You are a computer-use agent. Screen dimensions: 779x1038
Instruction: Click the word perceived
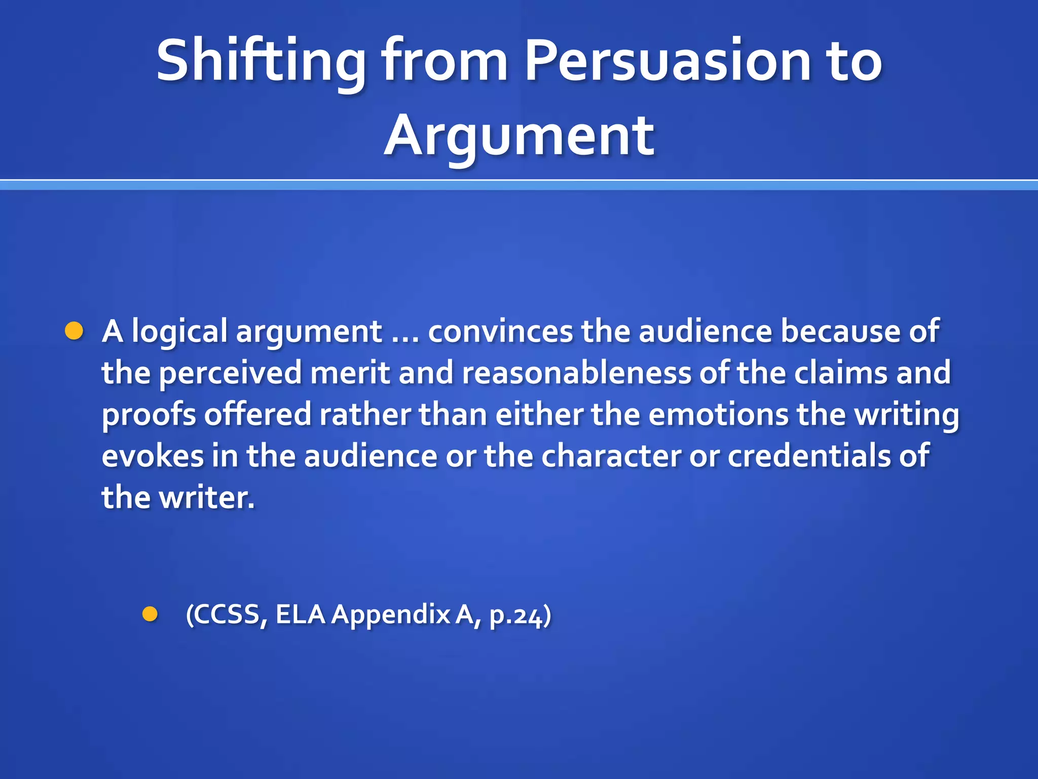(x=231, y=373)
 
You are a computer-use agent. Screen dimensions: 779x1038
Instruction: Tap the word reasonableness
(x=576, y=373)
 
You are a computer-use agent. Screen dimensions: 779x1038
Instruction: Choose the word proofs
(x=149, y=415)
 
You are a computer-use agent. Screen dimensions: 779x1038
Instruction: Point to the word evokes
(x=153, y=455)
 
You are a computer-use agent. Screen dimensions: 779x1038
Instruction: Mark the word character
(x=611, y=455)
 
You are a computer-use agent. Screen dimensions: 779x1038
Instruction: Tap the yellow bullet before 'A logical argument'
(x=74, y=331)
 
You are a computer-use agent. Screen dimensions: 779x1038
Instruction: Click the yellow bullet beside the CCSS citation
(x=150, y=614)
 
